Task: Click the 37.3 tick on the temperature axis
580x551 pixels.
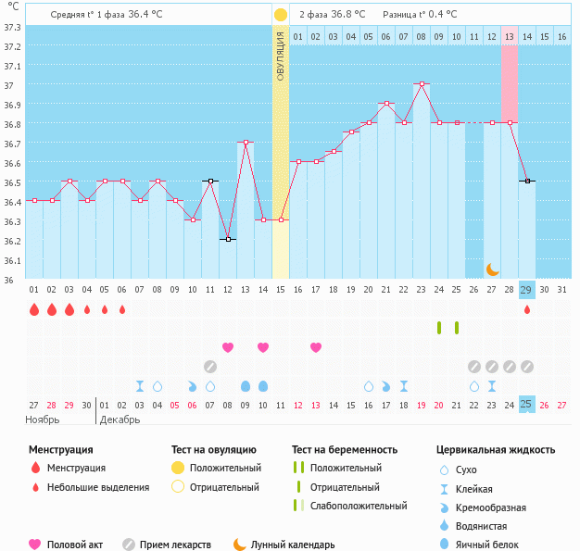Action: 13,27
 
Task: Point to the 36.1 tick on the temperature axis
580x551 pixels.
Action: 13,260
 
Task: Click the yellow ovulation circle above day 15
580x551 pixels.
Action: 281,15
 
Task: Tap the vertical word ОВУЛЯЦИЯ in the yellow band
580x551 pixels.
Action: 281,56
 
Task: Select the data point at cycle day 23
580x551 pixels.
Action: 422,83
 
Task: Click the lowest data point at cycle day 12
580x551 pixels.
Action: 228,239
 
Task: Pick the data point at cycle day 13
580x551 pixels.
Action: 246,142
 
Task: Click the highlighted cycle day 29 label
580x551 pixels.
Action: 527,290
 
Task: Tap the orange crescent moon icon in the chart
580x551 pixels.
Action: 493,269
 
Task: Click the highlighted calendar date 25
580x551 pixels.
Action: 527,405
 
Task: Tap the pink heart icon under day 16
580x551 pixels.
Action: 316,347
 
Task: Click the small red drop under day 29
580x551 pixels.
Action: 527,310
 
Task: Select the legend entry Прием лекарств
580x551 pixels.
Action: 175,545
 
